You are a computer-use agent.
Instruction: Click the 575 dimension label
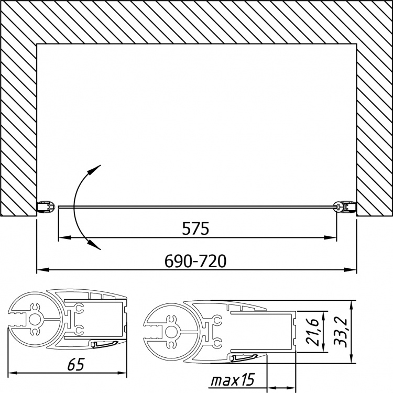pos(195,228)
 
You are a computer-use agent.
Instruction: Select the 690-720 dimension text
pos(195,261)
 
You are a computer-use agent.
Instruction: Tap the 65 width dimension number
pos(76,364)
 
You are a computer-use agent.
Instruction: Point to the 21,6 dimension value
pos(312,332)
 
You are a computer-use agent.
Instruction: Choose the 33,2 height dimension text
pos(341,332)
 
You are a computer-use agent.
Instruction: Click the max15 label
pos(233,380)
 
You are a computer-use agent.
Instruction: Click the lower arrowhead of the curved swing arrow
pos(94,246)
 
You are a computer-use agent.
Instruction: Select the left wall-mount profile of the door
pos(46,207)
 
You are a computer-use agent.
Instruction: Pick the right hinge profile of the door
pos(345,207)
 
